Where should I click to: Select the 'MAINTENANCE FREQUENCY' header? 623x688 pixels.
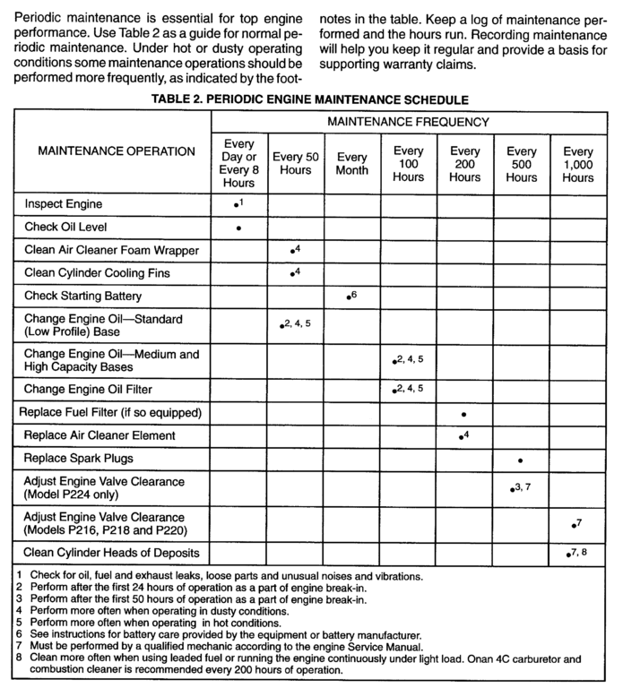pos(407,120)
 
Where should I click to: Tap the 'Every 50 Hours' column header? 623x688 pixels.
pos(295,163)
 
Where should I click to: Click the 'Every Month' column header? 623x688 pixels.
pos(351,163)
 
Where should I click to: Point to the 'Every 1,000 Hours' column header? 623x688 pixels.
pos(578,164)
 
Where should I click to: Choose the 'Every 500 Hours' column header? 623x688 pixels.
pos(522,164)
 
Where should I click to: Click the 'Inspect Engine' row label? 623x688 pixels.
pos(64,204)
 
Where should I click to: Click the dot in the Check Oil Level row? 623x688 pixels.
pos(238,228)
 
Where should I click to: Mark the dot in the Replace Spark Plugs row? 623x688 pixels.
pos(521,460)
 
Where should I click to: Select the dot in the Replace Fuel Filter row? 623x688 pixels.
pos(463,414)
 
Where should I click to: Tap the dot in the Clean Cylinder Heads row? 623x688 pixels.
pos(568,555)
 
